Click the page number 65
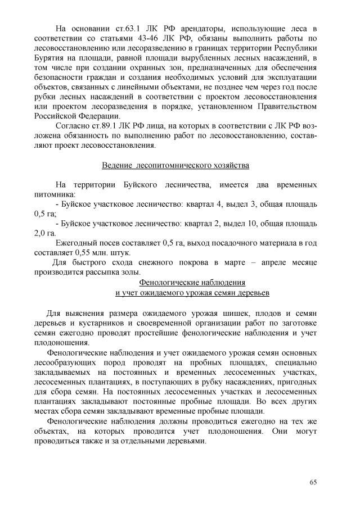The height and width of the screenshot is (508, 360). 313,482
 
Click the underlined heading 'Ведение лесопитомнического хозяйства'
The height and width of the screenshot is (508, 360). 175,166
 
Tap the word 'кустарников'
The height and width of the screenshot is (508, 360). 95,323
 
